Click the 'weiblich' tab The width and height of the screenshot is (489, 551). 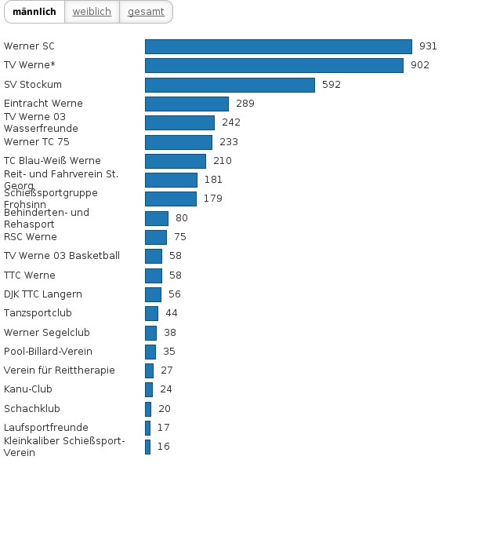pos(92,12)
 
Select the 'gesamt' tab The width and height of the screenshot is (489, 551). pos(146,12)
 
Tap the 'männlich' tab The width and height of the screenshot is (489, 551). pos(34,12)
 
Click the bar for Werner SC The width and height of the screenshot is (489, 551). pos(278,46)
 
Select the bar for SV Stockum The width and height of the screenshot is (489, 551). pos(230,85)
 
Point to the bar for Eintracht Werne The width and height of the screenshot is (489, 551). pos(187,104)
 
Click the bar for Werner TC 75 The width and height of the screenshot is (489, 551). pos(179,142)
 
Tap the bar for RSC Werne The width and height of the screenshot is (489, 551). pos(156,237)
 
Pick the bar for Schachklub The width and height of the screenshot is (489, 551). pos(148,409)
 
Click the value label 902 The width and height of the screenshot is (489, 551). pos(420,65)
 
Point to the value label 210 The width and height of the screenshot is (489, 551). pos(223,161)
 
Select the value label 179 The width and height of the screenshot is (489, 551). pos(212,199)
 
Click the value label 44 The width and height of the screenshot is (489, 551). pos(172,313)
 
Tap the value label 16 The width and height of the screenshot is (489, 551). pos(163,447)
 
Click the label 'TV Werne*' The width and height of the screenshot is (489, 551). pos(30,65)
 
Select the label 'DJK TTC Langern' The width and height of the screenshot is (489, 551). pos(43,294)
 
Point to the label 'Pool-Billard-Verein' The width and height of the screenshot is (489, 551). pos(48,352)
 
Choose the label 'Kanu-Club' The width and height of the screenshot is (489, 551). pos(28,389)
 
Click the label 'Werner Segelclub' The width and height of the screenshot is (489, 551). pos(47,333)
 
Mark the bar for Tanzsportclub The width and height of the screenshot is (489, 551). pos(151,313)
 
